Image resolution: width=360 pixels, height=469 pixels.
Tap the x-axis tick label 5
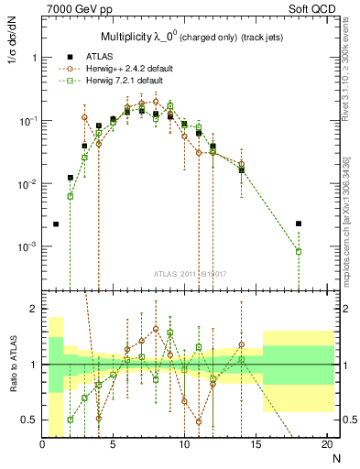coord(113,444)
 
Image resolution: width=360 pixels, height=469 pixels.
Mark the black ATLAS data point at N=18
coord(299,224)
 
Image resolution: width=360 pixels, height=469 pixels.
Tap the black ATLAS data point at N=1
coord(56,224)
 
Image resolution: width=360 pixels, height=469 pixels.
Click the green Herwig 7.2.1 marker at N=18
coord(299,252)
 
